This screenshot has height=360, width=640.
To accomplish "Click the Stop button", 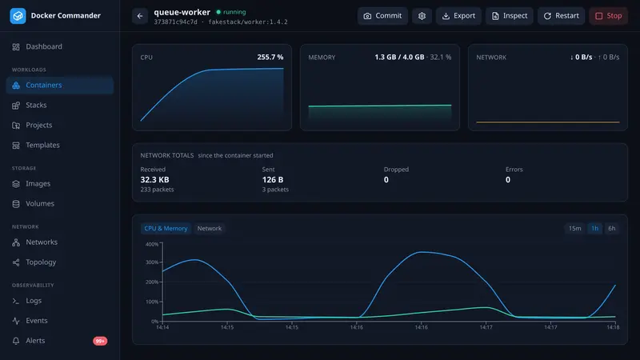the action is point(608,16).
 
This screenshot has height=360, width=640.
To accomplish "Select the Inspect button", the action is point(509,16).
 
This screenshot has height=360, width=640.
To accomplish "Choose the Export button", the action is point(458,16).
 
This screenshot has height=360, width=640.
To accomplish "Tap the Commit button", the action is point(382,16).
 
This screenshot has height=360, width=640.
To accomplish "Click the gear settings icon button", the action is point(422,16).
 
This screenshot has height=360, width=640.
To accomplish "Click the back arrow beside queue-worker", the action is point(140,16).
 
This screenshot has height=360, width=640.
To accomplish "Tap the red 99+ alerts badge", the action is point(100,341).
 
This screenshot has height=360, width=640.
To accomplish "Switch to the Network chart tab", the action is point(210,228).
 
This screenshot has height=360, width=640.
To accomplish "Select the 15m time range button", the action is point(574,228).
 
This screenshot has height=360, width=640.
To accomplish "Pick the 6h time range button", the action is point(611,228).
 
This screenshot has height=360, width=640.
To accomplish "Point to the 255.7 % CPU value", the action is point(270,57).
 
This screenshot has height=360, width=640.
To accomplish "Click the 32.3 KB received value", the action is point(154,179).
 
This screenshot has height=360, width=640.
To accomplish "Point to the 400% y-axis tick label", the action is point(152,244).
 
